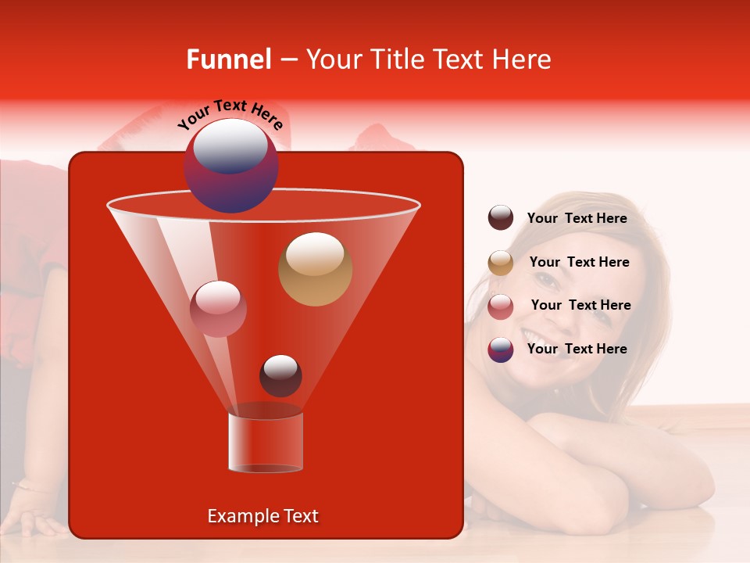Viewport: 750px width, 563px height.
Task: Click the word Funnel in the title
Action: point(229,59)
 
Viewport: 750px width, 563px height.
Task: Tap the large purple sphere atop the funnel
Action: point(230,166)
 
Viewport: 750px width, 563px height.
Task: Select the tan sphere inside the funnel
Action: point(315,269)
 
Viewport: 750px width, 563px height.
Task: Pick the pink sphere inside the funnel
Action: point(218,309)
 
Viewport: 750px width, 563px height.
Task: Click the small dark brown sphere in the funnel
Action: point(280,376)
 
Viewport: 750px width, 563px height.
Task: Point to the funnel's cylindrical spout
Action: point(265,442)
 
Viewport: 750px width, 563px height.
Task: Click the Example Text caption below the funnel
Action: point(262,516)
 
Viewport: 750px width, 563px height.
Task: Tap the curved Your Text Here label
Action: point(230,114)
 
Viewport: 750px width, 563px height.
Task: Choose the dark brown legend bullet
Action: point(501,218)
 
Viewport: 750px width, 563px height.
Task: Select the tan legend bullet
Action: point(501,263)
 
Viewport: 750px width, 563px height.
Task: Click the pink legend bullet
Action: point(501,307)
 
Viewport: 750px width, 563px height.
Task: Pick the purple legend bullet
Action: point(501,350)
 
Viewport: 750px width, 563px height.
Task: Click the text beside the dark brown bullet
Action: point(577,218)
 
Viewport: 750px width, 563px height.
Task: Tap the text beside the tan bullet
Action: point(579,262)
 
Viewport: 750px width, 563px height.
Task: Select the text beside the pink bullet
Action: point(580,305)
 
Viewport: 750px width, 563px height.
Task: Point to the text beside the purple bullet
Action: point(577,349)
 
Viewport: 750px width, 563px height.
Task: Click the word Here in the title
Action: point(523,59)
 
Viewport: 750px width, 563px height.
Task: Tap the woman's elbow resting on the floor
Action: point(687,485)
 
